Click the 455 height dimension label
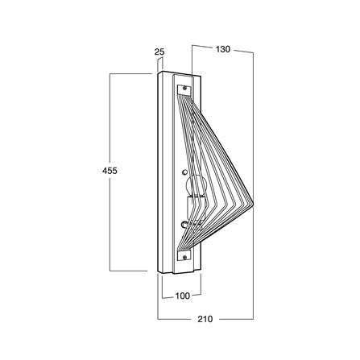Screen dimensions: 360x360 [110, 171]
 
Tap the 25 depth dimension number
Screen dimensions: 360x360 [159, 52]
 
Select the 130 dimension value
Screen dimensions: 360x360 [223, 49]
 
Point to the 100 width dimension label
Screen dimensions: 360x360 [183, 296]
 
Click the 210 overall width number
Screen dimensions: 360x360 [205, 319]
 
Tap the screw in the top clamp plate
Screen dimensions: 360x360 [184, 88]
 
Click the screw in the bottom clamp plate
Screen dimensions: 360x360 [184, 258]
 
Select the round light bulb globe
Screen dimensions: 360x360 [197, 186]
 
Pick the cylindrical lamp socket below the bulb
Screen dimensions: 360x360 [197, 207]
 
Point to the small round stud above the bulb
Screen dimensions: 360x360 [184, 172]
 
